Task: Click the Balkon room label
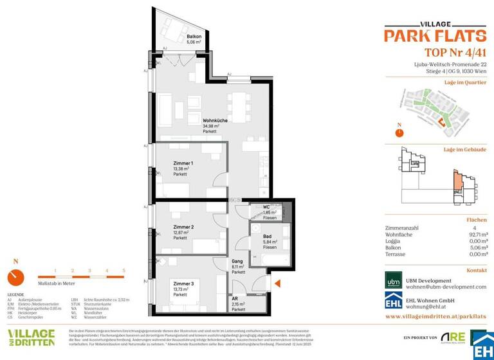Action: click(x=194, y=38)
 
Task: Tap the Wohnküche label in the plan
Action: click(x=214, y=120)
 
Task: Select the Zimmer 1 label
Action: click(x=183, y=163)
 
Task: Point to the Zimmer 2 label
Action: click(x=183, y=227)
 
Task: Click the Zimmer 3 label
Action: click(x=183, y=283)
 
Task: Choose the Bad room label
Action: click(x=267, y=237)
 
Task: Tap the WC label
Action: click(x=267, y=207)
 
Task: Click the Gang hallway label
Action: click(x=238, y=262)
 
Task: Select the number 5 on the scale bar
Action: click(x=123, y=271)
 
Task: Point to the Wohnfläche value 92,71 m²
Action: click(x=475, y=235)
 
